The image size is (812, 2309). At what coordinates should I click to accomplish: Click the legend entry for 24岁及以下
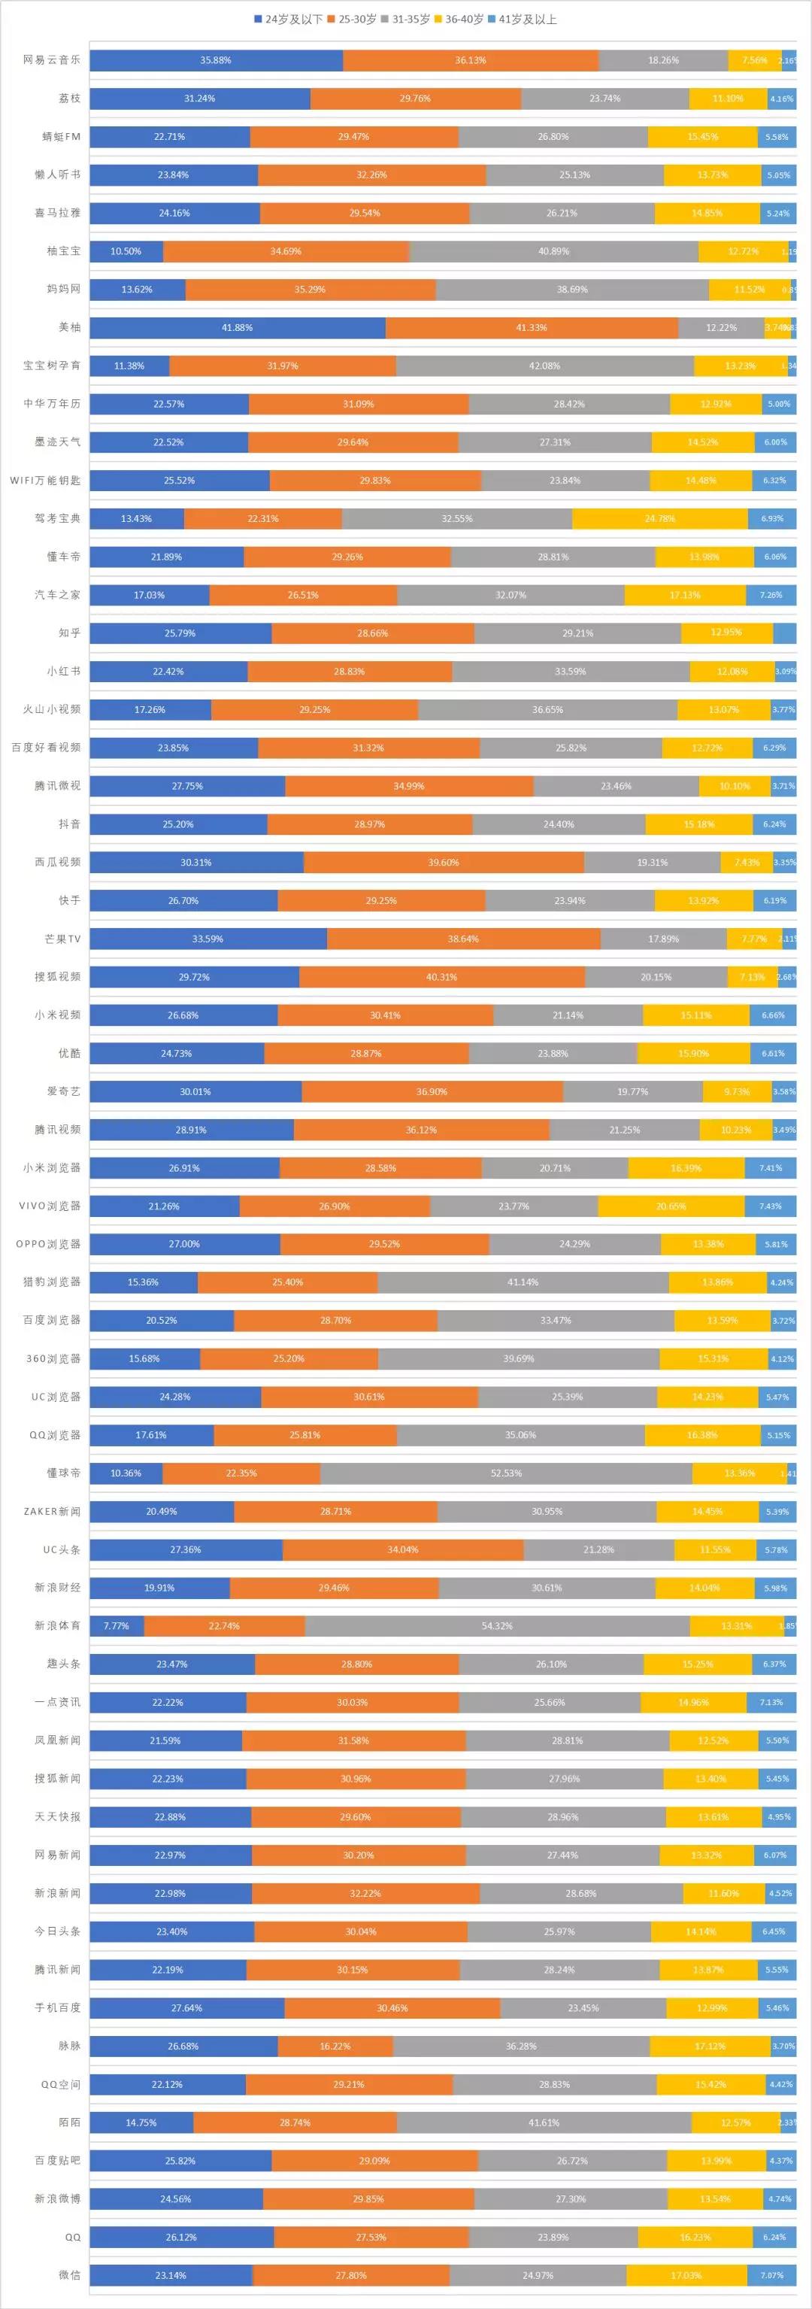coord(288,19)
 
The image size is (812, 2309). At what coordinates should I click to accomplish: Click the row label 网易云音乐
coord(52,60)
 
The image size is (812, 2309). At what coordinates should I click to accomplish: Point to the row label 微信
coord(69,2274)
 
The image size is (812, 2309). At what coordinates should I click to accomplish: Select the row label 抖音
coord(69,824)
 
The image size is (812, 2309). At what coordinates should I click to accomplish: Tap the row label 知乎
coord(69,633)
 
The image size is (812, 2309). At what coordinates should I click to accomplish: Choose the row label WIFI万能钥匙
coord(45,481)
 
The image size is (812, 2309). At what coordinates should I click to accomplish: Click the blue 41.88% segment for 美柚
coord(238,327)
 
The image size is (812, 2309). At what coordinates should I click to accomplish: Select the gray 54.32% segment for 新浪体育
coord(498,1625)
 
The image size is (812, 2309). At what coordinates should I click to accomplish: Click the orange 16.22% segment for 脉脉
coord(335,2046)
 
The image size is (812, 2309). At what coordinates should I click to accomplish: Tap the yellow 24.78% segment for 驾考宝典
coord(659,518)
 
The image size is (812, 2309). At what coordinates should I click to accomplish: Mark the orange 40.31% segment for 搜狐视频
coord(442,977)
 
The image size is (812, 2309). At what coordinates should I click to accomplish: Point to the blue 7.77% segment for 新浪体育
coord(117,1625)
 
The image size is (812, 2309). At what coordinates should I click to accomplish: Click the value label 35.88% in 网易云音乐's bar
coord(215,60)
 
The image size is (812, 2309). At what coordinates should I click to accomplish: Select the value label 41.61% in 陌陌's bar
coord(544,2122)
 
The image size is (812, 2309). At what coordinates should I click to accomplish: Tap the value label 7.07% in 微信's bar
coord(771,2275)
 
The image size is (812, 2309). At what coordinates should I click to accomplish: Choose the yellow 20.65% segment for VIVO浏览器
coord(671,1206)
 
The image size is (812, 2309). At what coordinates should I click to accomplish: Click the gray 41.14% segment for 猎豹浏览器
coord(523,1282)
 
